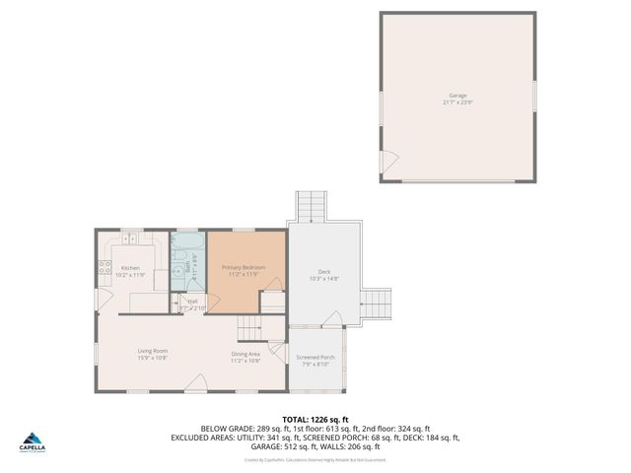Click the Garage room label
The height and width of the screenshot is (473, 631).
(458, 95)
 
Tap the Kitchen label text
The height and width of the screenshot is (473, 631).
(130, 267)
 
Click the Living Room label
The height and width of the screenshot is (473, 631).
(152, 351)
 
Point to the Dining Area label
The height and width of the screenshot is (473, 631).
(245, 354)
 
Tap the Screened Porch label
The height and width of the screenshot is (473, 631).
(315, 357)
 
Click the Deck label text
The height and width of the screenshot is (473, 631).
(323, 272)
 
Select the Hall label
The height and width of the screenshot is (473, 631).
(192, 301)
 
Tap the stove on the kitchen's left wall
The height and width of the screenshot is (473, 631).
(102, 266)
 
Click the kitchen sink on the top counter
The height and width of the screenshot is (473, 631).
(129, 238)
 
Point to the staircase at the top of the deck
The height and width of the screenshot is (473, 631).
(311, 208)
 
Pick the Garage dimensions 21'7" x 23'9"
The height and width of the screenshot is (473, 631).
(458, 102)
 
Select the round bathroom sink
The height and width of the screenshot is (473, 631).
(178, 267)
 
